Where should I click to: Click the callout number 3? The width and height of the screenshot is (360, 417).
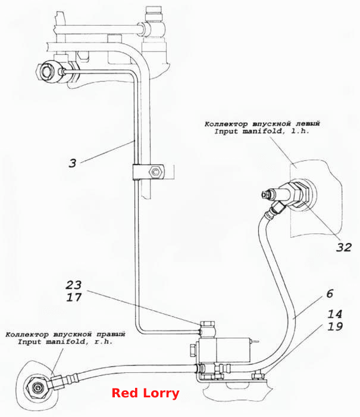coord(72,163)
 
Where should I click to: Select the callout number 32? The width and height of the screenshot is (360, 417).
coord(344,247)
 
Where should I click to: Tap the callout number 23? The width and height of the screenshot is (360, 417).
coord(74,285)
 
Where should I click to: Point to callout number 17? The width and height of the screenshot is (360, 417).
coord(74,297)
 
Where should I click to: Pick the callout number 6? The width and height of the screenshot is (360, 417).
coord(330,294)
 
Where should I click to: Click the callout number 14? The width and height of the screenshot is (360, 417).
coord(334,314)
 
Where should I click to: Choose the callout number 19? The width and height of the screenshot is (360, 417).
coord(335,326)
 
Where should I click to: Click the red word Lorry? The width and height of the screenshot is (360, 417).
coord(161,394)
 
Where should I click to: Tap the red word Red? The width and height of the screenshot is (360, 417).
coord(124,393)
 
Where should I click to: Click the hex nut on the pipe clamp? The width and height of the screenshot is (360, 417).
coord(155,172)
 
